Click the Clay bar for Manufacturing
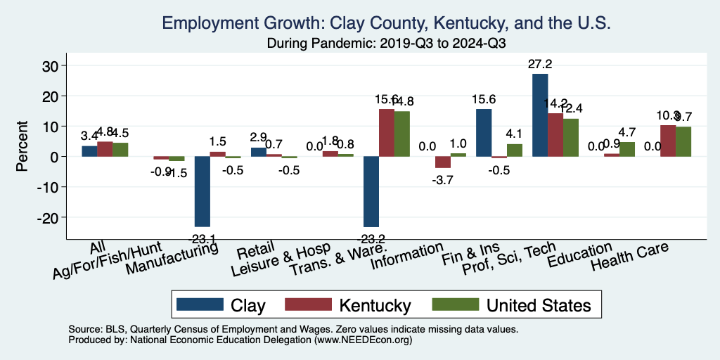pyautogui.click(x=202, y=191)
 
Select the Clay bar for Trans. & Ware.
pyautogui.click(x=371, y=191)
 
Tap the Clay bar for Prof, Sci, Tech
pyautogui.click(x=540, y=115)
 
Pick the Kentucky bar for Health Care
pyautogui.click(x=667, y=141)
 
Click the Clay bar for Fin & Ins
pyautogui.click(x=484, y=133)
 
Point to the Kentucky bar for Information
pyautogui.click(x=443, y=162)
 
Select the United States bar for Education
pyautogui.click(x=627, y=149)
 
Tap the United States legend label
pyautogui.click(x=539, y=304)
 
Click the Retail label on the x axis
pyautogui.click(x=252, y=252)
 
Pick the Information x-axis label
pyautogui.click(x=409, y=257)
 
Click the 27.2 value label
pyautogui.click(x=540, y=64)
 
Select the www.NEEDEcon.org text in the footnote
pyautogui.click(x=364, y=340)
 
